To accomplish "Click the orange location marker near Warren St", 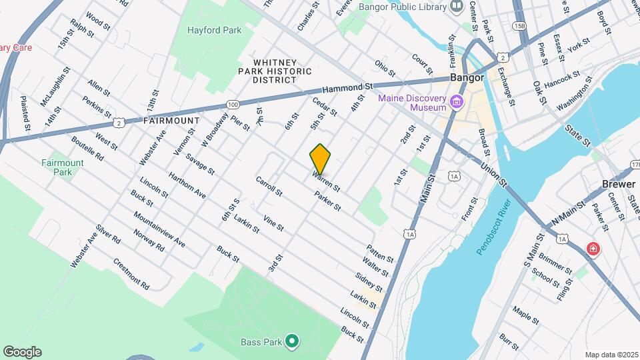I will click(320, 159).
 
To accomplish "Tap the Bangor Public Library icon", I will click(457, 7).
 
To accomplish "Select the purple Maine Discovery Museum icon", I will click(457, 102).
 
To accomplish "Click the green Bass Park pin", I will click(291, 341).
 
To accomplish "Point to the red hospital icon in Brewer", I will click(592, 249).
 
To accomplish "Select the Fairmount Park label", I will click(63, 167).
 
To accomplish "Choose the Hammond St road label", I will click(347, 88).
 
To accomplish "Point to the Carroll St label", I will click(269, 186).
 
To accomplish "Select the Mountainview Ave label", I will click(159, 229).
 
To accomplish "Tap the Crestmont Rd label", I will click(131, 273).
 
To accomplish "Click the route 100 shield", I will click(232, 105).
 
